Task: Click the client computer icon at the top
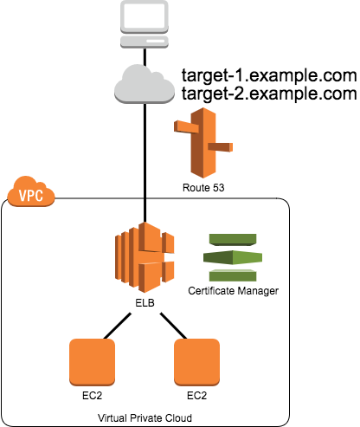[145, 24]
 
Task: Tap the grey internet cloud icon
[145, 84]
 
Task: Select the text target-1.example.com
[269, 75]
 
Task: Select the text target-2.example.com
[269, 94]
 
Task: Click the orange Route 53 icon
[203, 143]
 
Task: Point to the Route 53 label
[203, 188]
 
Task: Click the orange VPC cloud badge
[31, 191]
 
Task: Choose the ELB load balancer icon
[145, 257]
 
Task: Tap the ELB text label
[145, 303]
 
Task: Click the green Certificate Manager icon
[233, 257]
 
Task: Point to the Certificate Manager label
[233, 291]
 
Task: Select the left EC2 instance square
[92, 362]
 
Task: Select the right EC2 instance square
[197, 362]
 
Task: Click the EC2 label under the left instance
[92, 396]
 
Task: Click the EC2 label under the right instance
[197, 396]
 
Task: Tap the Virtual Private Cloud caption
[145, 418]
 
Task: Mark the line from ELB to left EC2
[118, 326]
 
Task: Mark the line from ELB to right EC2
[174, 326]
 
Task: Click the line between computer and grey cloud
[145, 58]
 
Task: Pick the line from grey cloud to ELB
[145, 163]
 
